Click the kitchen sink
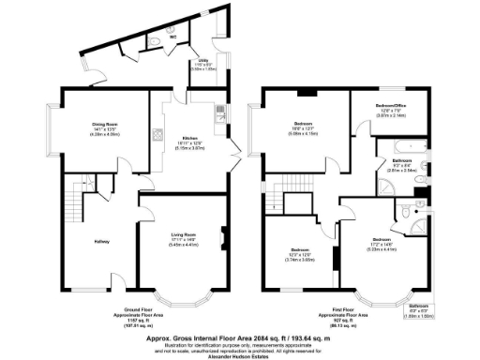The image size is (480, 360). point(217,113)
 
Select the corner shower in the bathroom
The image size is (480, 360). point(419,181)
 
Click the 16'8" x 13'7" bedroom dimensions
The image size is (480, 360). point(303,134)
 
